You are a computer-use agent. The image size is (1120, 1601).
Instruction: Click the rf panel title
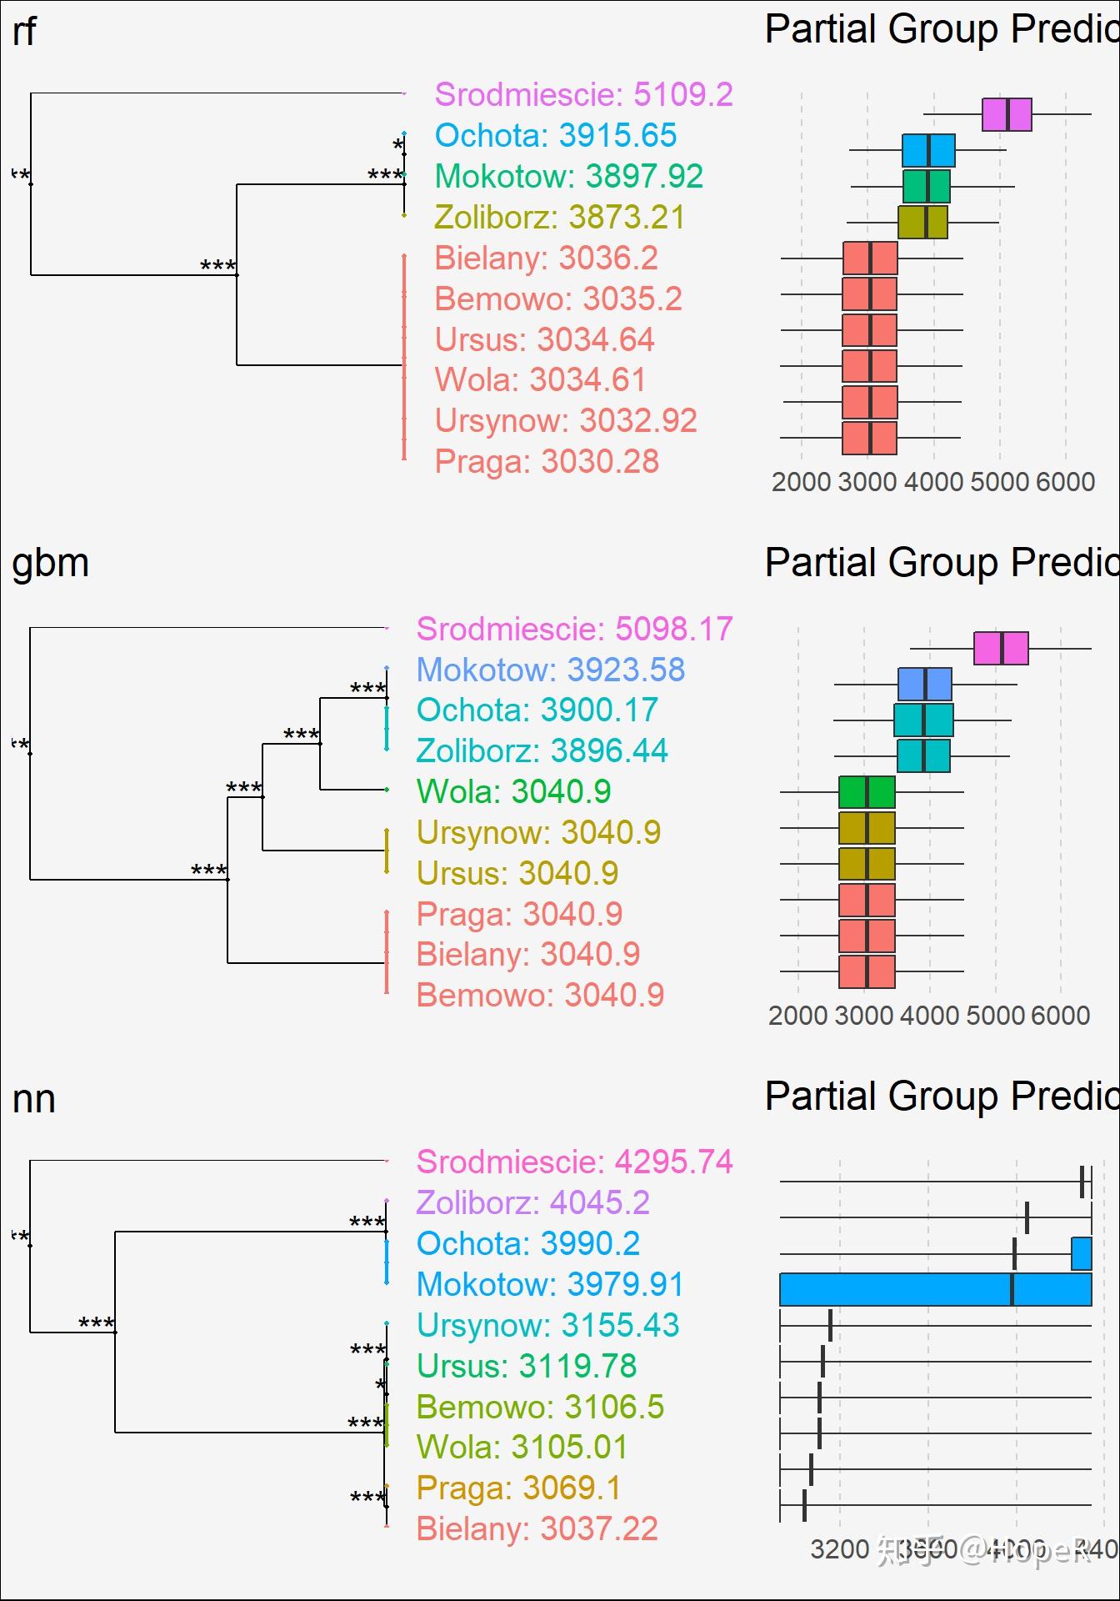pos(24,32)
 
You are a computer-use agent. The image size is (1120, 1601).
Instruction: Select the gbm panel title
pos(50,564)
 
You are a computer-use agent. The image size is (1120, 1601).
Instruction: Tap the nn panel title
pos(34,1099)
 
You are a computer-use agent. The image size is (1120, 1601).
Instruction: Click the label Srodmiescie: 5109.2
pos(583,95)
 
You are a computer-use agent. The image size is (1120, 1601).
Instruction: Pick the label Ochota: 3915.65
pos(555,136)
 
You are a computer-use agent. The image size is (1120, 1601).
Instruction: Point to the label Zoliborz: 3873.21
pos(559,218)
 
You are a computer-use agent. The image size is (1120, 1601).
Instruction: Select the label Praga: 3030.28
pos(547,462)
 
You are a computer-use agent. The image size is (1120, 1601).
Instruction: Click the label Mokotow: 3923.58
pos(550,670)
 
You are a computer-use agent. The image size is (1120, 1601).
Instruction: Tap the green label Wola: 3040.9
pos(513,792)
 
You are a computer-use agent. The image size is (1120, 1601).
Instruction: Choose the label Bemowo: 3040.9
pos(540,996)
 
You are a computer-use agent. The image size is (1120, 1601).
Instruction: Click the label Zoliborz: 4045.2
pos(532,1203)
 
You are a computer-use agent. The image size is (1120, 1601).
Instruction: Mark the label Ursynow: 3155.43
pos(547,1326)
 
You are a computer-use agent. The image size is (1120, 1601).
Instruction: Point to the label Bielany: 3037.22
pos(537,1529)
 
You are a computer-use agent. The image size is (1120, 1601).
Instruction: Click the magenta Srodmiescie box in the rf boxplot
pos(1007,114)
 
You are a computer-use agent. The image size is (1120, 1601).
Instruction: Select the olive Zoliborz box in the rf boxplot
pos(922,223)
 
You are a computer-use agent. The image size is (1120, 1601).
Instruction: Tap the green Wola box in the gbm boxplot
pos(867,792)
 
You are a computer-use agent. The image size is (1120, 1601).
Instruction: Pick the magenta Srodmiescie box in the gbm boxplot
pos(1001,649)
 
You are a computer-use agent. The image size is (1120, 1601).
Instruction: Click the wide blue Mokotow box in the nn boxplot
pos(935,1289)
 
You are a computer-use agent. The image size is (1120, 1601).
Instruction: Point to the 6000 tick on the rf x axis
pos(1065,482)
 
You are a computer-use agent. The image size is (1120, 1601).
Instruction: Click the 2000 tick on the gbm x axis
pos(797,1016)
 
